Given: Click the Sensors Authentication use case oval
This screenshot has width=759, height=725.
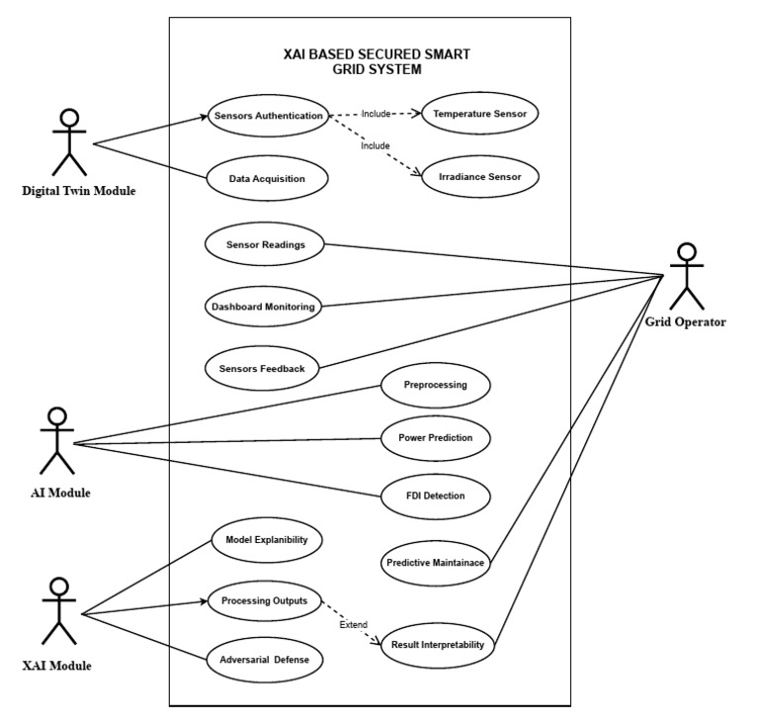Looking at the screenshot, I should (x=268, y=116).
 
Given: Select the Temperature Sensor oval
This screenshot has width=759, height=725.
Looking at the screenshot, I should (x=479, y=114).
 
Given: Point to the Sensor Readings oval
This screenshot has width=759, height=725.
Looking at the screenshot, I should (x=264, y=243).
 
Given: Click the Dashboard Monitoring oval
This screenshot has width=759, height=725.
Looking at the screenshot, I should (x=264, y=307).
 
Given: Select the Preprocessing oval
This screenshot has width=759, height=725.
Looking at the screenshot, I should (x=435, y=386).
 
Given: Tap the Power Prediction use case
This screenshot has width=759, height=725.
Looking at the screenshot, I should (x=435, y=436).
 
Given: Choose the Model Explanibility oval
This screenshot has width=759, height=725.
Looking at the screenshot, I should (x=267, y=540).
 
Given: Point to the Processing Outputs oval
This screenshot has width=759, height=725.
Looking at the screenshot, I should (x=265, y=601).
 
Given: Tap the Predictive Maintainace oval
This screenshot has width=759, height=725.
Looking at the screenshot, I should (x=436, y=562).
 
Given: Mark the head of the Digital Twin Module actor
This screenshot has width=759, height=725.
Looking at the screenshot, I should (x=69, y=120).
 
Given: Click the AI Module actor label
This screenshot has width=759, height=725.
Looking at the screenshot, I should (x=59, y=493).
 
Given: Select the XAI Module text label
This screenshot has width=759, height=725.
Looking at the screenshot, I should (x=57, y=666).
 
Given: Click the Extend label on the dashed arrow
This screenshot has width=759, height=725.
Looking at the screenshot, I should (x=354, y=626).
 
